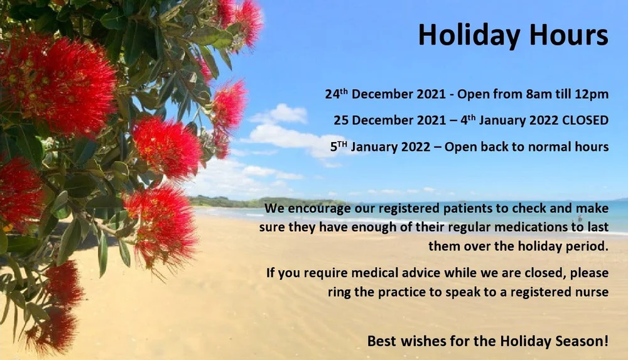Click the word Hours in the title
click(x=568, y=35)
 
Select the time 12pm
click(x=593, y=95)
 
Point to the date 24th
click(x=337, y=94)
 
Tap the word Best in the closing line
click(x=381, y=342)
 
